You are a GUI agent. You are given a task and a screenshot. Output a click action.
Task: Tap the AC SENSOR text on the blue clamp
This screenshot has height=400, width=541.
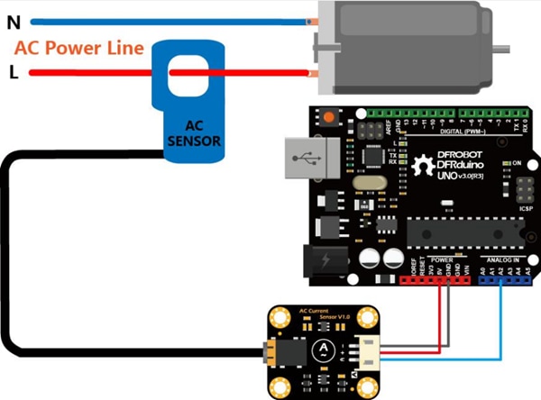pyautogui.click(x=191, y=133)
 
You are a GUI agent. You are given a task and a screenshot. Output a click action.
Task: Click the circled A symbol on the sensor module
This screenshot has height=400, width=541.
pyautogui.click(x=320, y=350)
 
